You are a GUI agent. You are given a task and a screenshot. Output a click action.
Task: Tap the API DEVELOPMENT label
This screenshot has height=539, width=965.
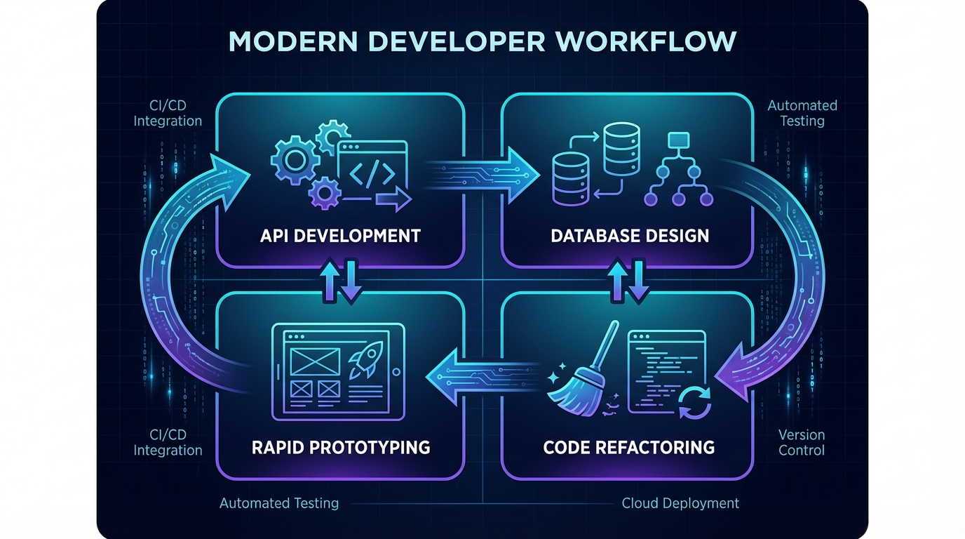coord(339,235)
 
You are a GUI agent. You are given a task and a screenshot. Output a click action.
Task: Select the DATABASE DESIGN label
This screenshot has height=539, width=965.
coord(630,235)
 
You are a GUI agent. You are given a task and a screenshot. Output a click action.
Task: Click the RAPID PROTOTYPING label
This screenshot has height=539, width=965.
coord(340,446)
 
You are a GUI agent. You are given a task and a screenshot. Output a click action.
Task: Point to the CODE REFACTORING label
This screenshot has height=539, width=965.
coord(629,446)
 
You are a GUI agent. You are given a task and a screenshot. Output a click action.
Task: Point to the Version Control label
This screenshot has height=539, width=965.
coord(802,443)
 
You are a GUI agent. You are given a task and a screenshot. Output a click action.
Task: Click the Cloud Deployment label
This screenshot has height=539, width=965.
coord(680,503)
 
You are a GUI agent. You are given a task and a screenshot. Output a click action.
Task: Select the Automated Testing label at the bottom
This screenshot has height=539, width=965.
coord(279,503)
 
